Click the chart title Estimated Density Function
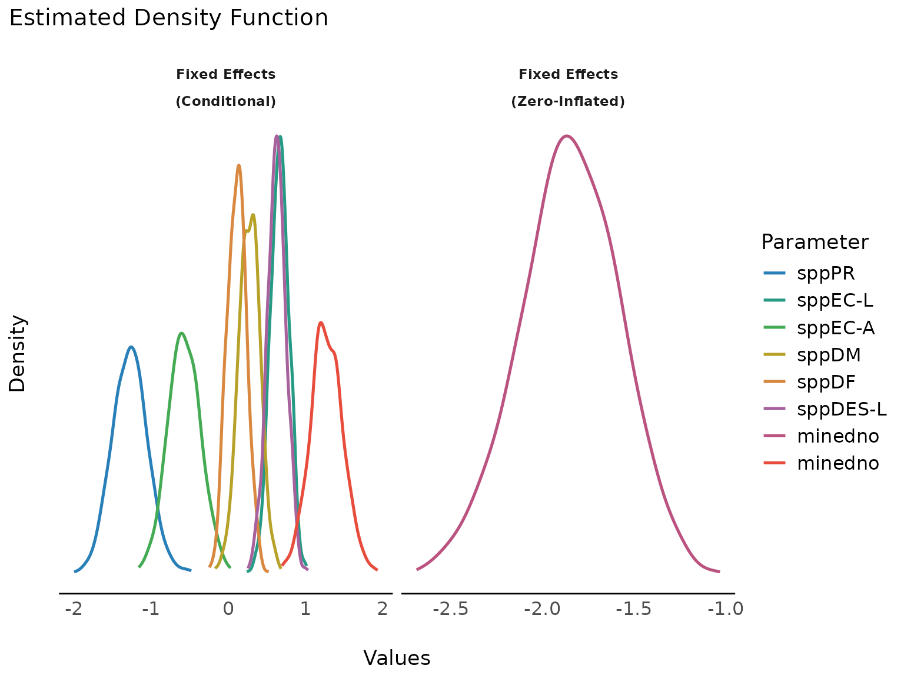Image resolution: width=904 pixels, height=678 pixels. [x=168, y=18]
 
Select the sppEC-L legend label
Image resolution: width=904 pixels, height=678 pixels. [x=835, y=300]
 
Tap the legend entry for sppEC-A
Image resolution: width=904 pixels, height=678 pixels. [x=836, y=327]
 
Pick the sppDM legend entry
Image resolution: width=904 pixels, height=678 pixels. [x=829, y=355]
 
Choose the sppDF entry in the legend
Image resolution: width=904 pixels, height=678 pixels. [x=826, y=382]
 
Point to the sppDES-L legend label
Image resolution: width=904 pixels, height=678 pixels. [x=842, y=409]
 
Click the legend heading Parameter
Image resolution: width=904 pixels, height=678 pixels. [x=815, y=242]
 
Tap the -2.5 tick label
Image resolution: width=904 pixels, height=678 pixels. [x=450, y=609]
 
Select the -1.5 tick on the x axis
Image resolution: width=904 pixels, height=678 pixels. [x=634, y=609]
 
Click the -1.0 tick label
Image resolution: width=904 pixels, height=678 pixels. [x=726, y=609]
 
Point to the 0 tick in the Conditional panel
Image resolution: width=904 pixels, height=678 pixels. [x=228, y=609]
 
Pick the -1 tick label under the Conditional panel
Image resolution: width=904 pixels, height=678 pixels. [x=151, y=609]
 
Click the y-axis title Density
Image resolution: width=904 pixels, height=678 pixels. [x=18, y=353]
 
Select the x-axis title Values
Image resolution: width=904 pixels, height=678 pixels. [x=397, y=658]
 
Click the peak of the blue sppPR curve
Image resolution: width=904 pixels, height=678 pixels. [x=131, y=347]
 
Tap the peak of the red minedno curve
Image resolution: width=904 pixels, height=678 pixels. [x=321, y=323]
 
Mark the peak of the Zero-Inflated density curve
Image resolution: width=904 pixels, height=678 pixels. [x=566, y=136]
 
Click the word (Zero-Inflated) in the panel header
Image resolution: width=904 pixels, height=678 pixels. [x=568, y=102]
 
